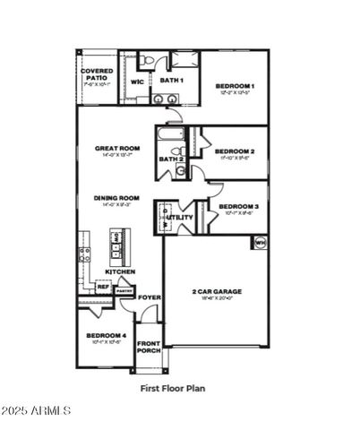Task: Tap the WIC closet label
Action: tap(137, 82)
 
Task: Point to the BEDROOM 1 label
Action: tap(236, 86)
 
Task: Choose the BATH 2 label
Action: tap(170, 159)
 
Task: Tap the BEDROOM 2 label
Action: tap(236, 151)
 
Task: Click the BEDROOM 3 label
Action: tap(238, 207)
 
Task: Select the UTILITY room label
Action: tap(181, 218)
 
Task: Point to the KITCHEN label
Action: tap(120, 271)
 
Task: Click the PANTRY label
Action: tap(124, 290)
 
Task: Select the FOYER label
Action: tap(150, 297)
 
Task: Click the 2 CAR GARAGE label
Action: tap(217, 291)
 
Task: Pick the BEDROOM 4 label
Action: tap(105, 336)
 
